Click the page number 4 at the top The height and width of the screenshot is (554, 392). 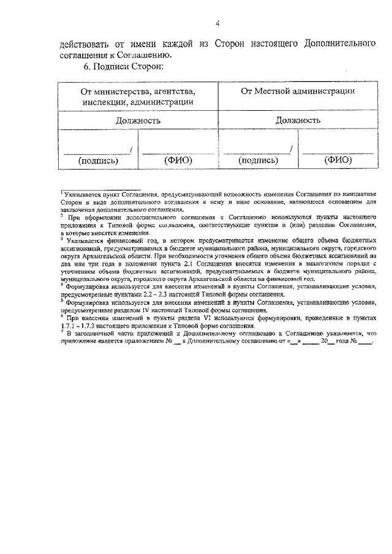coord(217,23)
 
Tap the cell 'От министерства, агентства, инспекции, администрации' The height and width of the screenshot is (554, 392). coord(139,97)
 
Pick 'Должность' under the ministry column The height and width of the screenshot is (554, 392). coord(139,121)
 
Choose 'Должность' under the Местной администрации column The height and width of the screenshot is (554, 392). coord(298,121)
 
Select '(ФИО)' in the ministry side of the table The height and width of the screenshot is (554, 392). coord(179,160)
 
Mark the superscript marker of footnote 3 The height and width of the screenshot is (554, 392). coord(61,238)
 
